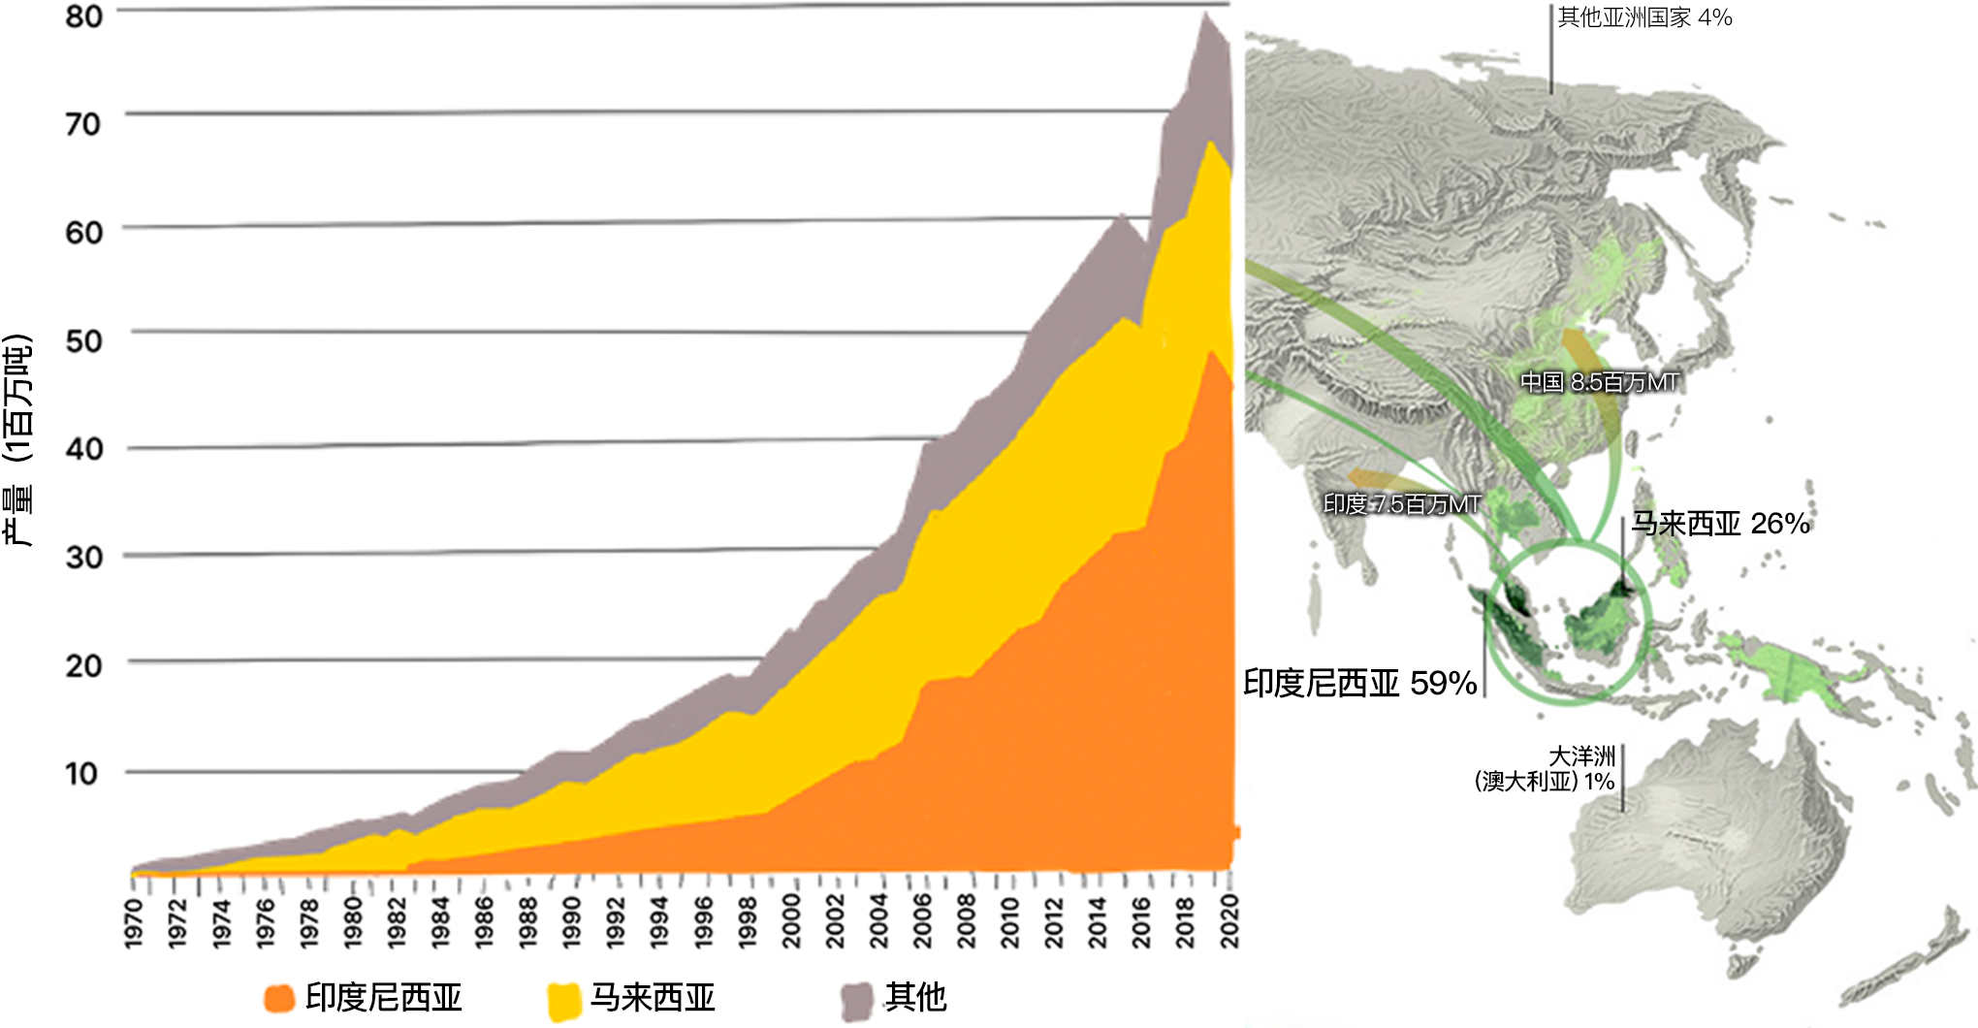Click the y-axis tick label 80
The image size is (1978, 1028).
click(83, 16)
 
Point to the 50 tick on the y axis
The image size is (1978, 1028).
click(83, 340)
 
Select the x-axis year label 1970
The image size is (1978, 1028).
click(134, 921)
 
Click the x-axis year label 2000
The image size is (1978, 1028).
click(791, 921)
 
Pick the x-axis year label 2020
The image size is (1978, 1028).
click(1229, 921)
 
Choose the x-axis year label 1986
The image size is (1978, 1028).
click(484, 921)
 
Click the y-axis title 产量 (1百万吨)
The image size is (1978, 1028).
click(19, 441)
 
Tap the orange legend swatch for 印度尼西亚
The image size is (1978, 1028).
click(279, 998)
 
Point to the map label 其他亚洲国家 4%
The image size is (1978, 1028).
click(1644, 17)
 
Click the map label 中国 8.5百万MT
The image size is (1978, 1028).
click(1599, 382)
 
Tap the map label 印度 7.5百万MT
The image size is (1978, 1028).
click(1402, 504)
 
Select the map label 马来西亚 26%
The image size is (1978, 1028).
click(1720, 524)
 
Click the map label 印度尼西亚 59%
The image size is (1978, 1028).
click(1359, 684)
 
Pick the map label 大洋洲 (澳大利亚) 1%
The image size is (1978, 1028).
click(1547, 769)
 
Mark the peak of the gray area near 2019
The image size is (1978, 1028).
click(1205, 14)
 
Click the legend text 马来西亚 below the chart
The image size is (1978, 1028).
click(653, 998)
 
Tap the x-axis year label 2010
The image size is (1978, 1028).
click(1010, 921)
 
